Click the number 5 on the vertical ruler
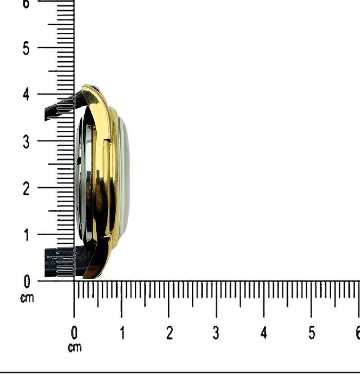(x=26, y=49)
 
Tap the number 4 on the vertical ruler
(x=26, y=94)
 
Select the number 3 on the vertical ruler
(x=26, y=142)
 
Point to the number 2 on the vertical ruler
(x=26, y=189)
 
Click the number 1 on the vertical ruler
(x=27, y=235)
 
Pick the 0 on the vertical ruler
(x=27, y=281)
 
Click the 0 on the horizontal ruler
(x=74, y=333)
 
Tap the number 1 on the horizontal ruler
(x=122, y=333)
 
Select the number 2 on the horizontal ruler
(x=169, y=333)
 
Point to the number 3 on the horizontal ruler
(x=216, y=333)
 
